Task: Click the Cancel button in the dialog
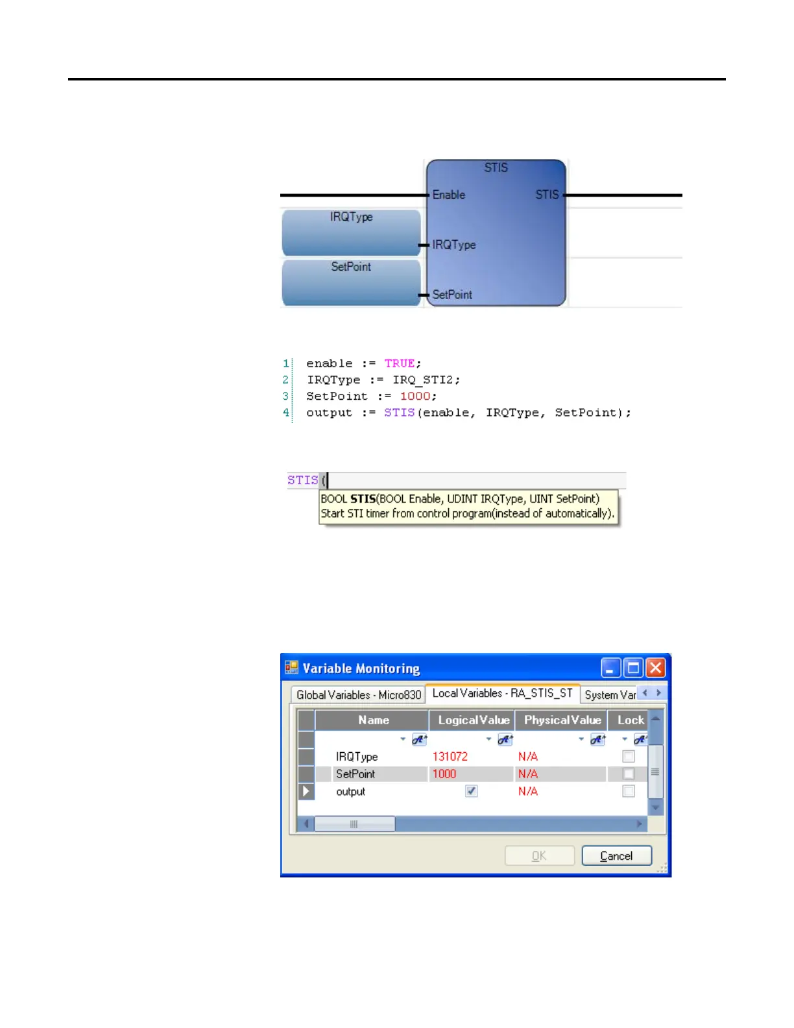pos(616,856)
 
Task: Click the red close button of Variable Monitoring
pos(656,668)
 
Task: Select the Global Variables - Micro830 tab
pos(359,694)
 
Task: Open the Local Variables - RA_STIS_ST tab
pos(502,693)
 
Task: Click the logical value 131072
pos(450,757)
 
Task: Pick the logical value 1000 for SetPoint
pos(444,774)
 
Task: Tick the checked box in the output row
pos(472,791)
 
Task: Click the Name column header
pos(373,720)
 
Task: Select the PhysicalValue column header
pos(562,720)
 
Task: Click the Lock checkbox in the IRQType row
pos(628,756)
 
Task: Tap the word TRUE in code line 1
pos(400,363)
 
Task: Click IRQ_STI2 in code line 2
pos(426,380)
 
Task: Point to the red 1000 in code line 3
pos(415,396)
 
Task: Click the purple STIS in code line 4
pos(399,413)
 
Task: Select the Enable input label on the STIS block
pos(449,195)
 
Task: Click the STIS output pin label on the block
pos(547,195)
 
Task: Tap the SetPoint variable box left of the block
pos(351,282)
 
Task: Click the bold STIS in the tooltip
pos(363,499)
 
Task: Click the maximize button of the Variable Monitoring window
pos(633,668)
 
